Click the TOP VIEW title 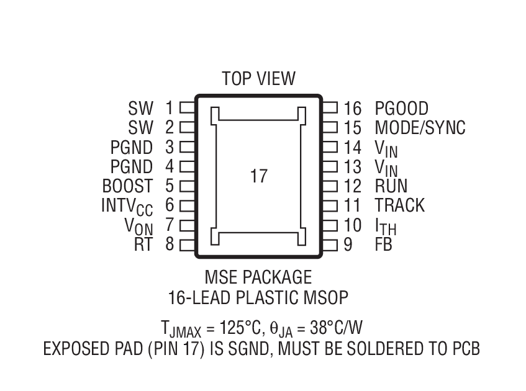coord(258,79)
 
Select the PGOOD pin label coord(401,109)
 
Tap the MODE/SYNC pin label coord(420,128)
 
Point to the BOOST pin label coord(127,186)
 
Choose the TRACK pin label coord(399,205)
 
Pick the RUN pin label coord(391,186)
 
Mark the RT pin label coord(143,245)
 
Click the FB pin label coord(383,245)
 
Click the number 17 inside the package coord(258,176)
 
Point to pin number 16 coord(352,109)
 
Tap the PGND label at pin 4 coord(131,167)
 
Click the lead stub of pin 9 coord(330,245)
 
